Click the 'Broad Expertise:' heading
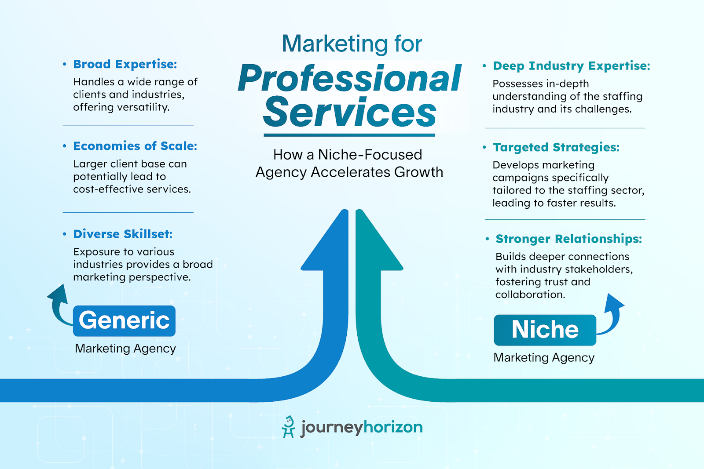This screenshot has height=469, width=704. tap(125, 64)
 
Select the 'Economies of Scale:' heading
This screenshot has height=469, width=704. tap(135, 146)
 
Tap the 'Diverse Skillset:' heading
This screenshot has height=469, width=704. tap(123, 234)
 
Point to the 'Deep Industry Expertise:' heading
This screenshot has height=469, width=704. tap(572, 66)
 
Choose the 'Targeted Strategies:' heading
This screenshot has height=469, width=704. tap(556, 147)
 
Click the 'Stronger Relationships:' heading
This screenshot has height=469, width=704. tap(568, 239)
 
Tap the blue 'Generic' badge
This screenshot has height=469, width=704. tap(124, 320)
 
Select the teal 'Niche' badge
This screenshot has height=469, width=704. tap(545, 330)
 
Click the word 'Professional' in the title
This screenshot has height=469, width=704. tap(350, 79)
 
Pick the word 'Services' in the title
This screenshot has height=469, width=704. tap(350, 113)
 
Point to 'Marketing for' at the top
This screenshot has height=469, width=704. tap(352, 44)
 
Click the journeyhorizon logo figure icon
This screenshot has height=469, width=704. tap(288, 427)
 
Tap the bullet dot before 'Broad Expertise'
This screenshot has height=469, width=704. tap(65, 64)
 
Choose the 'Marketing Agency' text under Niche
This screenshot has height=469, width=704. tap(544, 358)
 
